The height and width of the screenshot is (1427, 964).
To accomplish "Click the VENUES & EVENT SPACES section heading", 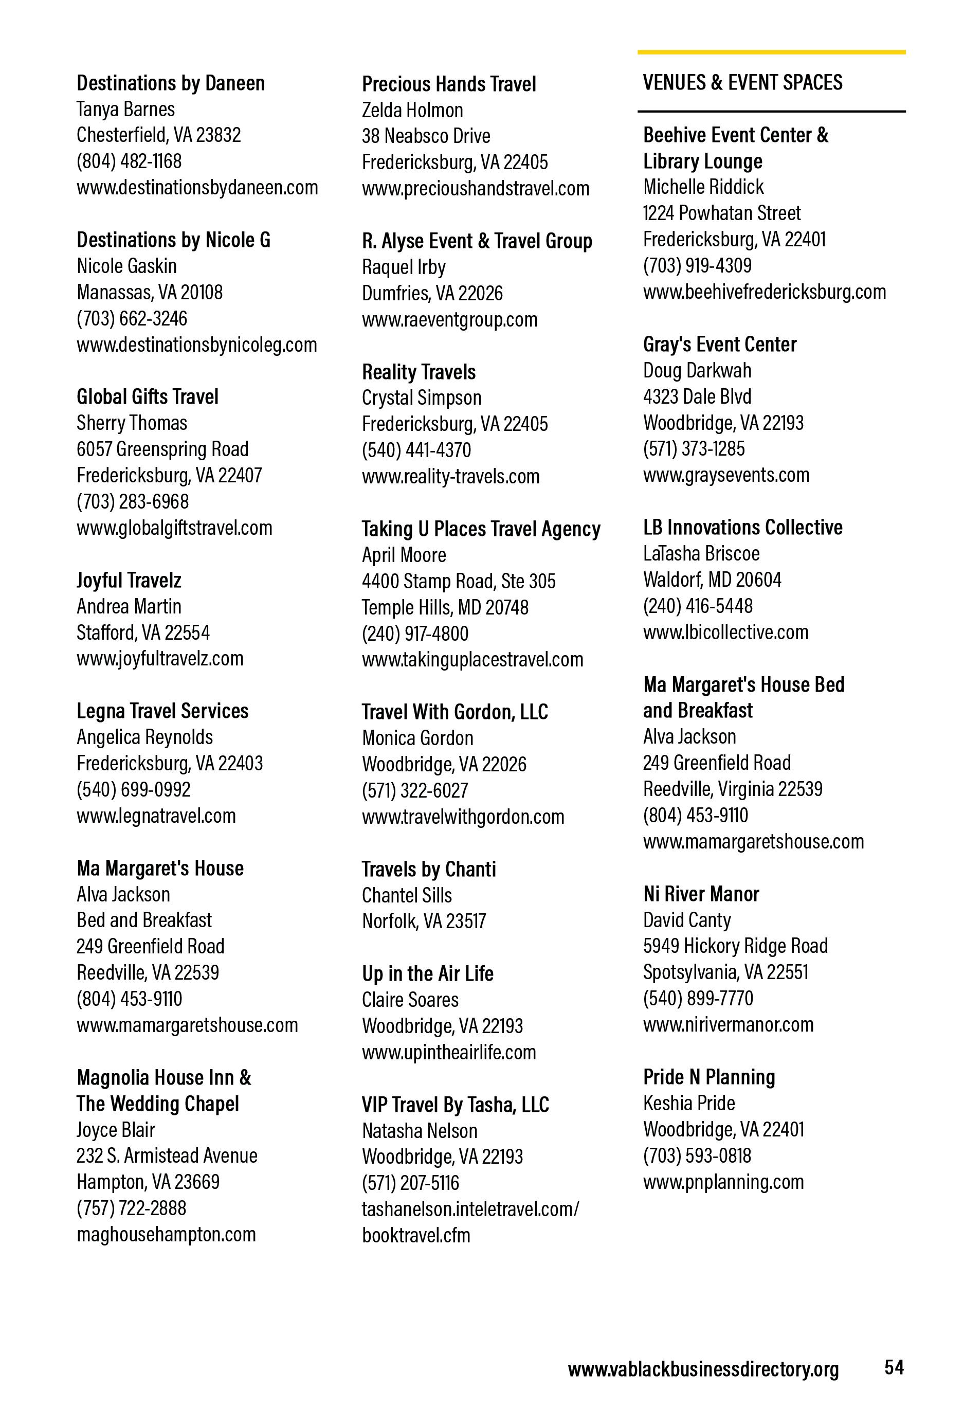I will [x=742, y=82].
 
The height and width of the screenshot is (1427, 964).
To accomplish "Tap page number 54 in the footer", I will [x=894, y=1367].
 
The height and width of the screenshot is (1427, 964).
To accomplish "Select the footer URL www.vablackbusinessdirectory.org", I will [x=703, y=1369].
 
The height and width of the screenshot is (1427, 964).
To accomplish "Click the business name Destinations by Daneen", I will [x=171, y=83].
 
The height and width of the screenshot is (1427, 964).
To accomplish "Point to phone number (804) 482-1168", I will [x=129, y=161].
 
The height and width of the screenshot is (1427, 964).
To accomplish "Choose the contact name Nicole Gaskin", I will [x=126, y=266].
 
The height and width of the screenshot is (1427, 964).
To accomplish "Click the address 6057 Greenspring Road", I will [x=162, y=449].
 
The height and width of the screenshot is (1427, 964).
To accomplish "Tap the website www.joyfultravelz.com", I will [x=160, y=658].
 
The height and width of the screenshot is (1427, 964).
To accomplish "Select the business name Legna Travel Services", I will [x=162, y=711].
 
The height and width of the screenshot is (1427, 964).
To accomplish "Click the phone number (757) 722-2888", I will [x=132, y=1208].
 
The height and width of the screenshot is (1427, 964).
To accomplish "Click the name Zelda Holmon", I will [x=413, y=110].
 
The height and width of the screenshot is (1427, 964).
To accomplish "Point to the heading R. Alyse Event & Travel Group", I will [x=477, y=241].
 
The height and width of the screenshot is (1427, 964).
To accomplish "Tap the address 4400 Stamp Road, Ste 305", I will [x=459, y=581].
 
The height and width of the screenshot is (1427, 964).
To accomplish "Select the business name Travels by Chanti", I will [x=429, y=869].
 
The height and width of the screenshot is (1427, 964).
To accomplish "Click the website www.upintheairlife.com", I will [x=449, y=1052].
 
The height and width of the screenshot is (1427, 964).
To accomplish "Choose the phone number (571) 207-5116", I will [x=410, y=1183].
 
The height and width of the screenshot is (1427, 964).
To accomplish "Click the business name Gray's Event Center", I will [x=720, y=344].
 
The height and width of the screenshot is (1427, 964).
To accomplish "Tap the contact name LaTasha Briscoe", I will [x=701, y=553].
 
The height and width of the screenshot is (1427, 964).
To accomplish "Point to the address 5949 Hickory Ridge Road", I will [x=736, y=946].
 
